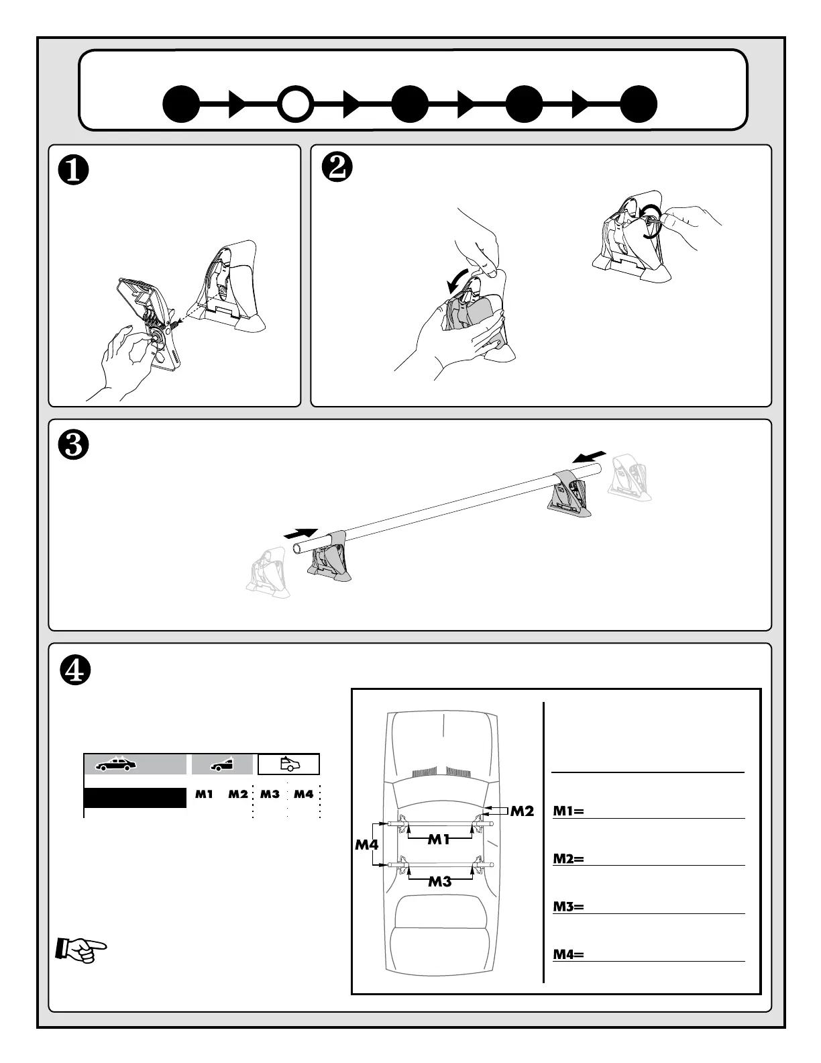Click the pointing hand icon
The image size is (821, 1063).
tap(80, 950)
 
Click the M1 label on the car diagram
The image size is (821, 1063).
tap(439, 838)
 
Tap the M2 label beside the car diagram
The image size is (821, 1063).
tap(521, 811)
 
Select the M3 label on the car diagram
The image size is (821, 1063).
tap(439, 882)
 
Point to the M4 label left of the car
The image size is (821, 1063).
tap(366, 844)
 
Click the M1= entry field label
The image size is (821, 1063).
tap(568, 811)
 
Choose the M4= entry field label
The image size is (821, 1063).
tap(568, 954)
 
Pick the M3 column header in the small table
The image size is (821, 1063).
tap(270, 794)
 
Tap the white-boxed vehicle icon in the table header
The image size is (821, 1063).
tap(288, 764)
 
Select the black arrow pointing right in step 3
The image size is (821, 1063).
tap(300, 533)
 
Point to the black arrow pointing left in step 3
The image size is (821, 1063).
tap(590, 457)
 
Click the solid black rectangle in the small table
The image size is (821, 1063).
tap(135, 798)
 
